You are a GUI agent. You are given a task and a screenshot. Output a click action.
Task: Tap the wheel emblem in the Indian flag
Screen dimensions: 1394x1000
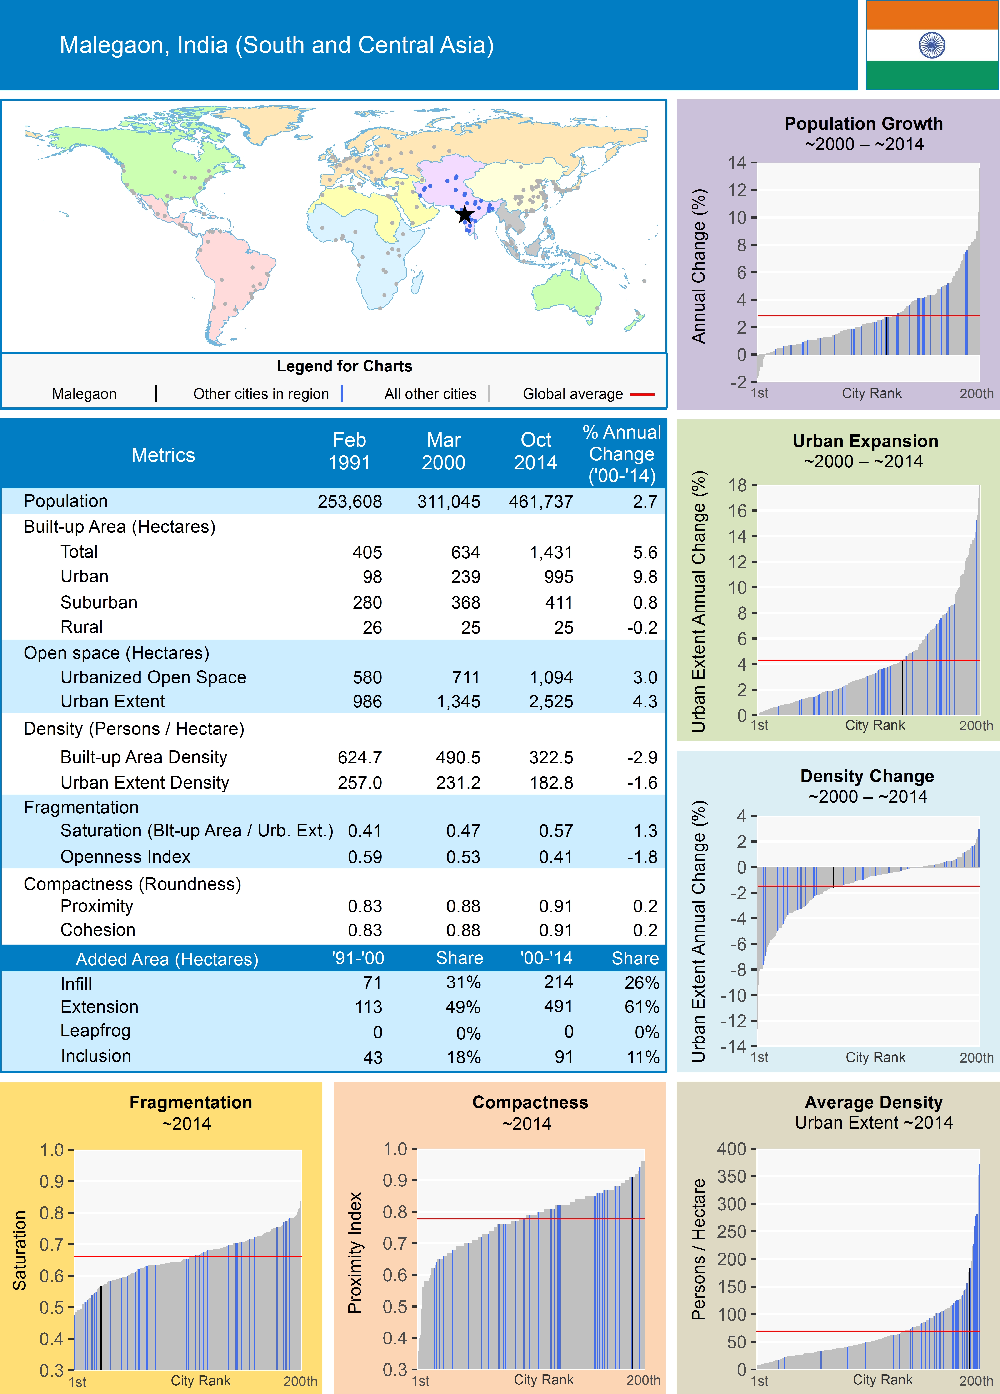point(932,45)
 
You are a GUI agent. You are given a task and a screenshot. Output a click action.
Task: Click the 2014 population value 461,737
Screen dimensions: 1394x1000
point(540,502)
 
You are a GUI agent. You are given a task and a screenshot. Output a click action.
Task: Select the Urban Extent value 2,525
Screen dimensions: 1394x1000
point(551,701)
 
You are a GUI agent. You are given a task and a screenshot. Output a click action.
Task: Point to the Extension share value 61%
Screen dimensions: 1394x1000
point(642,1007)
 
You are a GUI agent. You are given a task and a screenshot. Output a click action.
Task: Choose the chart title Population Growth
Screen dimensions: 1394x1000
point(863,123)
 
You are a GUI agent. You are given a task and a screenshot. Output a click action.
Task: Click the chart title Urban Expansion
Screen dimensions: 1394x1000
point(865,441)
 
